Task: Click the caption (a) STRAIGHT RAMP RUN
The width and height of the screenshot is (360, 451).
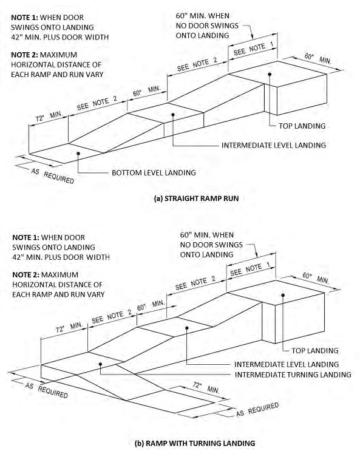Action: pos(196,198)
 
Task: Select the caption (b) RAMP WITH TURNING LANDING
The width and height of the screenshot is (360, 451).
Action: pos(195,443)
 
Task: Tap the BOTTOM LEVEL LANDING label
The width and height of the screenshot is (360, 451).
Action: pos(154,173)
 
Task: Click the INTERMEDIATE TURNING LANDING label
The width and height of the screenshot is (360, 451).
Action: pos(293,375)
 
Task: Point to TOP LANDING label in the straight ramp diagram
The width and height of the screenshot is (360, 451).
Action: pos(302,126)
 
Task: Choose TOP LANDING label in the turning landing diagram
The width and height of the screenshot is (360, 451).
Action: pos(315,351)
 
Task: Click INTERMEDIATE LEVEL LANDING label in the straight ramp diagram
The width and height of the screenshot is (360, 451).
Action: pos(274,145)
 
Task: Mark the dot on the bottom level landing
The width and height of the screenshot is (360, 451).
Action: pos(78,154)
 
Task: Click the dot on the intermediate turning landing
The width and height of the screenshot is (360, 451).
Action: pos(100,364)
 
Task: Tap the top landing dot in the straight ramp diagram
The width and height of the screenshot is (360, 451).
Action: pos(270,74)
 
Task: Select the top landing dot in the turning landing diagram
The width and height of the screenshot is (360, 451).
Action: pos(283,295)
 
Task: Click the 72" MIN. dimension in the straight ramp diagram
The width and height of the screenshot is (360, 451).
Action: pos(49,117)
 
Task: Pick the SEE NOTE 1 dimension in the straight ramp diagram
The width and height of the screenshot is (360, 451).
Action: pos(253,49)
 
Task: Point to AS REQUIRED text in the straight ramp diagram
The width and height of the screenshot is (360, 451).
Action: pos(52,176)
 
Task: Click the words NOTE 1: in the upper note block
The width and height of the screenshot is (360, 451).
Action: pos(24,18)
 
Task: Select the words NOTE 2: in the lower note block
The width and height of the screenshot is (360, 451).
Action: pos(26,275)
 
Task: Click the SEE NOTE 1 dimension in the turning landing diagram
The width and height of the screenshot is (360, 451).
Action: pos(250,270)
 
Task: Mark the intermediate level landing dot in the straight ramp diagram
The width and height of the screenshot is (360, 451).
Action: pos(173,115)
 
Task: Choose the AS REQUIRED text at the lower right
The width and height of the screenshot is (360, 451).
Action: pos(257,410)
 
